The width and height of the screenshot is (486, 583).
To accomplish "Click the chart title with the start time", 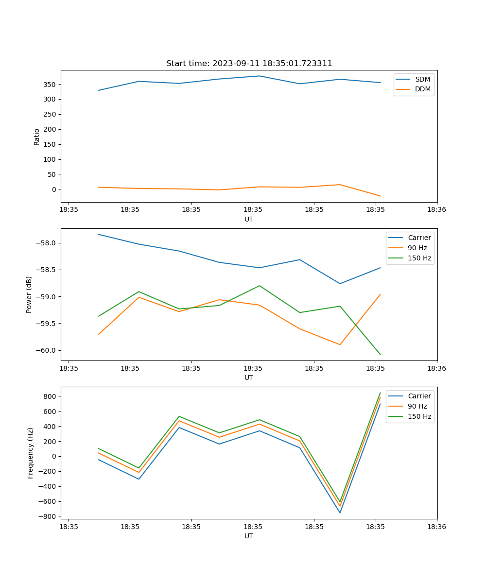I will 249,64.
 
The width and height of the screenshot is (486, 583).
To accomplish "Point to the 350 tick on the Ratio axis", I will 50,85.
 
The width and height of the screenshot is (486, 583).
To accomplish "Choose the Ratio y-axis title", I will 37,137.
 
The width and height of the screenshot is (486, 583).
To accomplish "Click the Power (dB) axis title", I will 29,294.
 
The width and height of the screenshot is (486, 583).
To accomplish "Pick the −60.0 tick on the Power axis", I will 48,351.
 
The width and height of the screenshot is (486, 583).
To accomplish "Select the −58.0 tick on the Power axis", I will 48,243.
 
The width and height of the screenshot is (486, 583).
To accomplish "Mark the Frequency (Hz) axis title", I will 30,453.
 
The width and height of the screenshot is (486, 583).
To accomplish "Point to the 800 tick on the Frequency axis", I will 50,396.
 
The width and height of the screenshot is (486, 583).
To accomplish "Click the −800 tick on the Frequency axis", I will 48,516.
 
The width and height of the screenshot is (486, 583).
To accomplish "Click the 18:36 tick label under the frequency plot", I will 436,527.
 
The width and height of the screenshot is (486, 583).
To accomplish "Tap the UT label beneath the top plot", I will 249,219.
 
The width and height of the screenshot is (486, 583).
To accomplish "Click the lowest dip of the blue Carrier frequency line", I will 340,513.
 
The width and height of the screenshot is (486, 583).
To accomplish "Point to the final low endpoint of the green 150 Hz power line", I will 380,354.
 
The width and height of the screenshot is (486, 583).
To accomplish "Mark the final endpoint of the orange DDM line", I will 380,196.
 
